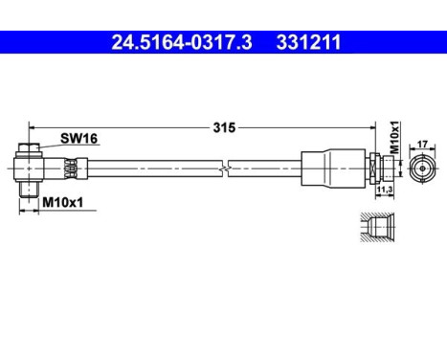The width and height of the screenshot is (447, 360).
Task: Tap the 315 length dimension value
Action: point(225,126)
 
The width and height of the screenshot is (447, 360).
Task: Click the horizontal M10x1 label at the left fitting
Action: point(60,202)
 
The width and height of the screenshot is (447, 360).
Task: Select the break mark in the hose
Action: point(223,169)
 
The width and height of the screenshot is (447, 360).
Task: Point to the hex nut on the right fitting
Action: point(376,168)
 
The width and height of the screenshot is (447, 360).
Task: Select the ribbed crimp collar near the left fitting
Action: point(69,169)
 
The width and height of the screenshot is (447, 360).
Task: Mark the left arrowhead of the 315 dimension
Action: point(32,126)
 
